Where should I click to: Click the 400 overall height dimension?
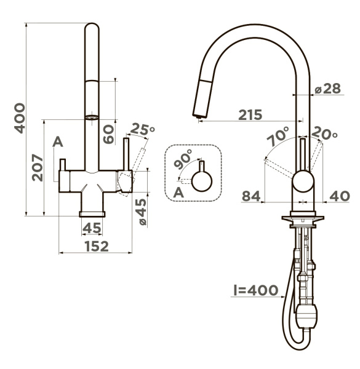click(x=20, y=118)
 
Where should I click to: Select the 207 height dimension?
click(x=38, y=167)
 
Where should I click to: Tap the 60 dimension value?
click(x=108, y=134)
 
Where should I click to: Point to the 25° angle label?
click(x=142, y=129)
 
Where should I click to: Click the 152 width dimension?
click(x=97, y=247)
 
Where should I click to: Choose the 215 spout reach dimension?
click(x=250, y=115)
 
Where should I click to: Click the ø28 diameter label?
click(x=328, y=89)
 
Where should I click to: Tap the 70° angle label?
click(x=278, y=137)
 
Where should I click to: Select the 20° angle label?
click(x=324, y=133)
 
